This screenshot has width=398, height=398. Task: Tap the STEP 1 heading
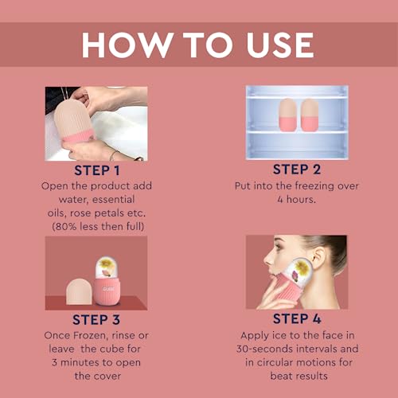[x=97, y=170]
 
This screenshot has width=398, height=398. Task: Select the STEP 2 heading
[x=297, y=170]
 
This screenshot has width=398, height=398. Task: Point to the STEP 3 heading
[x=96, y=319]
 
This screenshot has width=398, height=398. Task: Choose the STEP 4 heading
[x=297, y=318]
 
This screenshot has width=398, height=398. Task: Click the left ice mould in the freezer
[x=288, y=115]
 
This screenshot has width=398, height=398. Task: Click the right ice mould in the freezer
[x=310, y=115]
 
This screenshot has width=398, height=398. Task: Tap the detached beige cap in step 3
[x=80, y=291]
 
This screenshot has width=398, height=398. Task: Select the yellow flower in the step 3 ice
[x=106, y=263]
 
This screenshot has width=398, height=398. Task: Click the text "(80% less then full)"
[x=98, y=227]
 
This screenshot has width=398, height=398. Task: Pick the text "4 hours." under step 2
[x=297, y=199]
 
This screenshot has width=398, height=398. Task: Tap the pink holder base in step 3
[x=108, y=291]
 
